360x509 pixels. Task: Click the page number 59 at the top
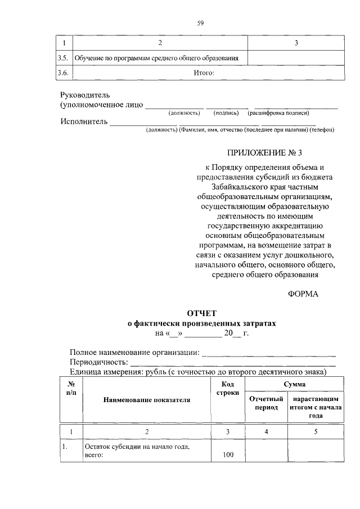tap(200, 23)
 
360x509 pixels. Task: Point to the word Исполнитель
tap(84, 121)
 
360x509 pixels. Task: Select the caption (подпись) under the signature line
tap(226, 113)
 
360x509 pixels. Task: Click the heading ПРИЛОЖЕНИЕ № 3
tap(265, 152)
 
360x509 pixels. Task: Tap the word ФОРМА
tap(303, 294)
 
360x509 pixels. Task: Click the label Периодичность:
tap(99, 362)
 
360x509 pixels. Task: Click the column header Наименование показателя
tap(146, 400)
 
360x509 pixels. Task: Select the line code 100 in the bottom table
tap(228, 454)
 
